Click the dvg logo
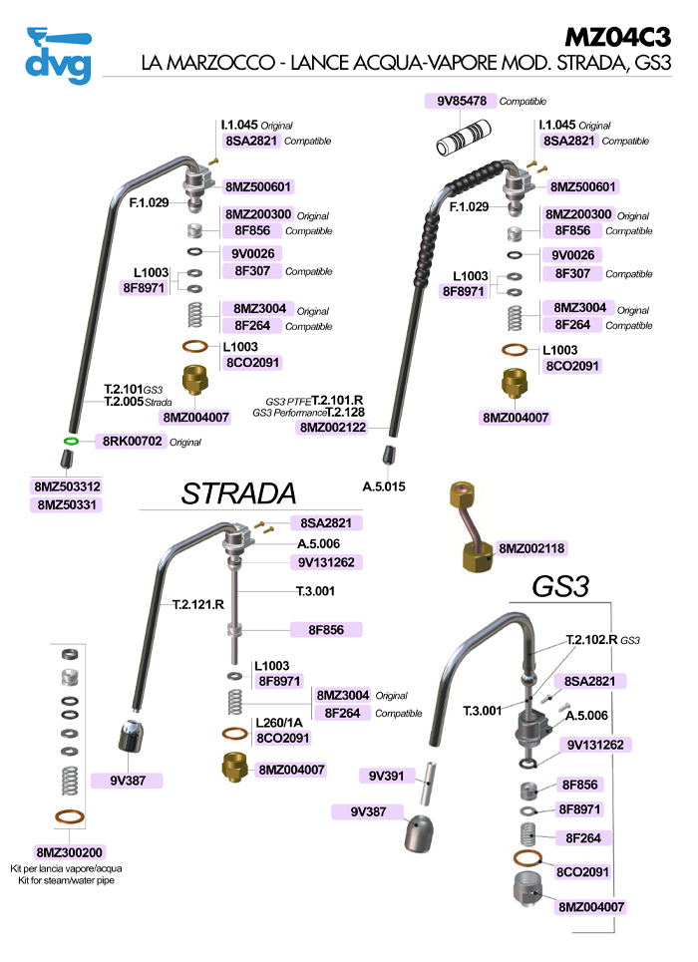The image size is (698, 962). click(58, 55)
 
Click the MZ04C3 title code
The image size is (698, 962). click(617, 36)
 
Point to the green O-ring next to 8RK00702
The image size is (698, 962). click(71, 440)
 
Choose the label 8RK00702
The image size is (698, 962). click(131, 440)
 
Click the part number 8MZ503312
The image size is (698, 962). click(68, 486)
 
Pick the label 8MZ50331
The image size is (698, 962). click(68, 505)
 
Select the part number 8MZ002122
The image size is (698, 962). click(333, 427)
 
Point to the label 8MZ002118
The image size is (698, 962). click(531, 548)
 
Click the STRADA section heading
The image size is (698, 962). click(238, 492)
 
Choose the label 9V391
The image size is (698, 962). click(385, 775)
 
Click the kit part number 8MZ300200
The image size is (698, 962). click(70, 852)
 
